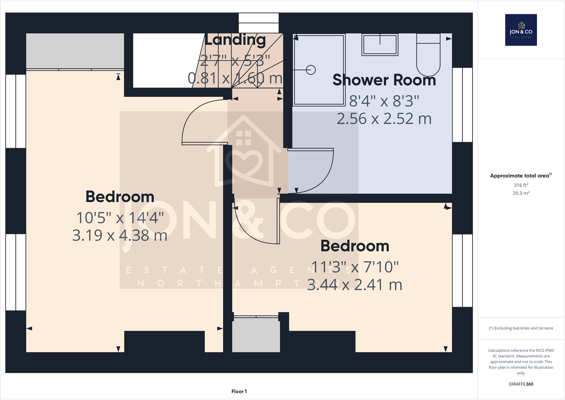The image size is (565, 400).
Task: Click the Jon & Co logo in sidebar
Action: click(521, 30)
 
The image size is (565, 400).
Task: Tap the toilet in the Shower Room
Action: click(428, 55)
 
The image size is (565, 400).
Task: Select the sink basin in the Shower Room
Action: click(380, 45)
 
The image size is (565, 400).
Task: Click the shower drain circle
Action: click(311, 70)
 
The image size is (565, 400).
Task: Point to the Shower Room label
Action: click(384, 80)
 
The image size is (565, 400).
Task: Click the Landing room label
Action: click(235, 40)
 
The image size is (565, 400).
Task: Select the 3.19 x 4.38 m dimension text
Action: click(120, 235)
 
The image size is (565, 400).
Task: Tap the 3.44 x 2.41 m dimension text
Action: click(354, 285)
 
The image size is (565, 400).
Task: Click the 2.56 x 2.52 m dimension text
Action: click(384, 119)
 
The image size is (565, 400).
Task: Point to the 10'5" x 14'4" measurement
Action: click(120, 218)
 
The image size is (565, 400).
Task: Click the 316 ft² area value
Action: click(521, 185)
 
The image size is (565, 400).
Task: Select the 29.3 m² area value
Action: click(521, 193)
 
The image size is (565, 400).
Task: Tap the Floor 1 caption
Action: click(239, 391)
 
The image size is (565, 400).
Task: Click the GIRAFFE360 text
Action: click(521, 384)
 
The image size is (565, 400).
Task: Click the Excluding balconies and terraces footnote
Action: click(521, 328)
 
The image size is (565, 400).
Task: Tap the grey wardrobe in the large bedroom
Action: click(75, 51)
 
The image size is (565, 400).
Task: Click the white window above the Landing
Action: click(258, 23)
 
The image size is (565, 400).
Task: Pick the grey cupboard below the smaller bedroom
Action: click(256, 335)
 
